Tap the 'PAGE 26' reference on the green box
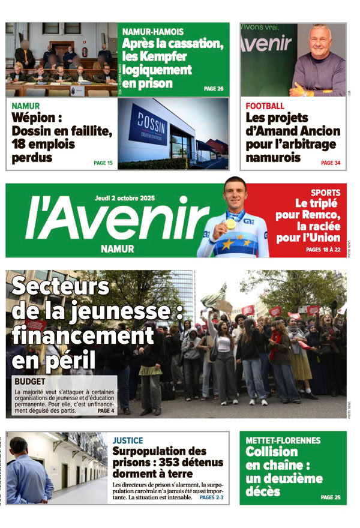click(214, 89)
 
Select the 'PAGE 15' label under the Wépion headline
click(103, 163)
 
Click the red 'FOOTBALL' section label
click(265, 106)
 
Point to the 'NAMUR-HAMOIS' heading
click(153, 31)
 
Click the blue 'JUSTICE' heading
click(128, 440)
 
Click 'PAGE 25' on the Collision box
click(331, 497)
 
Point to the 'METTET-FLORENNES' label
click(283, 440)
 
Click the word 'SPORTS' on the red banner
click(326, 193)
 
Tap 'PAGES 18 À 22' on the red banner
click(323, 249)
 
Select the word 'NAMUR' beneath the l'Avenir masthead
click(118, 248)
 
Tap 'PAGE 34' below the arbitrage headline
click(331, 163)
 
